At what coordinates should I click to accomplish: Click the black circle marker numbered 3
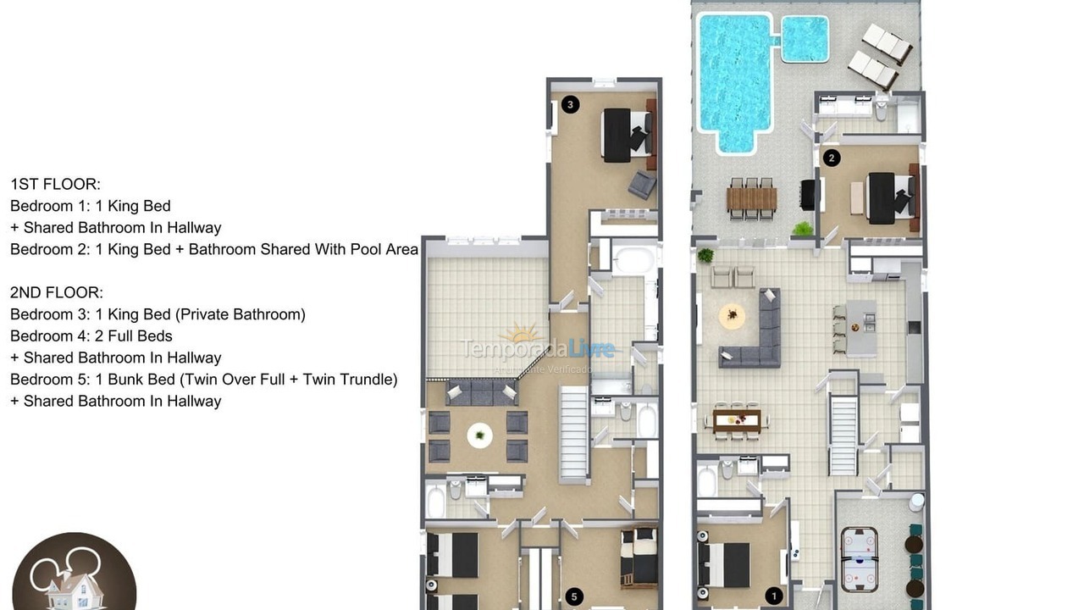point(571,104)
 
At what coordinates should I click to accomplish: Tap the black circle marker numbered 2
point(832,158)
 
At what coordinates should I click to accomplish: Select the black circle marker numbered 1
point(772,596)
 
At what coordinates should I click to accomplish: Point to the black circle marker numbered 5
point(574,597)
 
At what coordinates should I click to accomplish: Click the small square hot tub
point(804,39)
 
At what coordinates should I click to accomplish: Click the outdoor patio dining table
point(751,198)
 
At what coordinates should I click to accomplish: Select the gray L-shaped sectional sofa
point(759,335)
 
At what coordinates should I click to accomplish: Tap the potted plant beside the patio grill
point(802,229)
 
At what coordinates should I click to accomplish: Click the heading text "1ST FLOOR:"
point(55,184)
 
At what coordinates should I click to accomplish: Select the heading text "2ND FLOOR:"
point(57,292)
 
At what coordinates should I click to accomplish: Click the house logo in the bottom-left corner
point(74,574)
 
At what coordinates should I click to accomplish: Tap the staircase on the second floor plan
point(574,432)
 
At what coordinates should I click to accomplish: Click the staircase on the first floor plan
point(843,436)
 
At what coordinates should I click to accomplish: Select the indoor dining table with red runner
point(737,419)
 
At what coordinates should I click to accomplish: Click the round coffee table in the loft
point(479,435)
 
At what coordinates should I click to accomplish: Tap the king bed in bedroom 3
point(626,135)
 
